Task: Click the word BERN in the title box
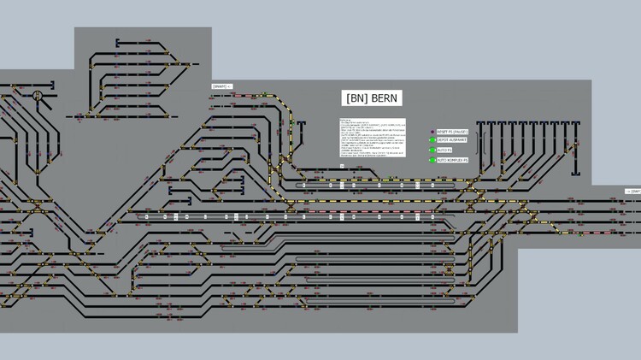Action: (x=385, y=97)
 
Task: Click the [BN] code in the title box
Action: (x=356, y=97)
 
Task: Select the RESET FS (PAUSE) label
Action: (x=453, y=132)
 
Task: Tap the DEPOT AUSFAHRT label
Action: (x=453, y=141)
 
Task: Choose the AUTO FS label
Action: (x=444, y=150)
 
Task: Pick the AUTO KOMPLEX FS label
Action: (x=453, y=160)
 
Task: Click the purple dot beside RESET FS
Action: (x=432, y=132)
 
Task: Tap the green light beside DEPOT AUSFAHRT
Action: (x=432, y=141)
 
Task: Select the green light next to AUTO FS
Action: (x=432, y=150)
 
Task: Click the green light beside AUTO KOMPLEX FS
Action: (x=432, y=160)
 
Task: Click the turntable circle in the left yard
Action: (x=38, y=97)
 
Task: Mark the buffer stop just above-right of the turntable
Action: (x=52, y=85)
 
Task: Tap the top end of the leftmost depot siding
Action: (x=480, y=124)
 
